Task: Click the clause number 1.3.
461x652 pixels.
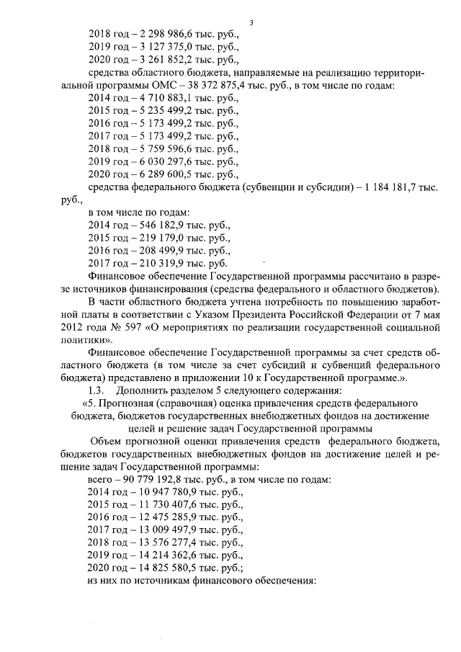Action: (97, 390)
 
